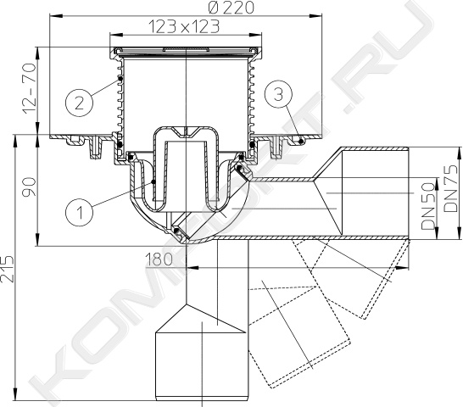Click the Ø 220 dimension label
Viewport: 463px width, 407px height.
click(231, 7)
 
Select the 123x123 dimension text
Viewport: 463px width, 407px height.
click(184, 26)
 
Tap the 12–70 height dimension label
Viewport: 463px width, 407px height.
click(29, 88)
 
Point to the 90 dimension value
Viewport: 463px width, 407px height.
click(29, 187)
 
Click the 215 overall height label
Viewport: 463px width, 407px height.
click(7, 269)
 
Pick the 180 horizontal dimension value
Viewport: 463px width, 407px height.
click(159, 259)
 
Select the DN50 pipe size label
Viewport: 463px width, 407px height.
click(428, 205)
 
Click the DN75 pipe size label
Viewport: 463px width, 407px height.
click(451, 189)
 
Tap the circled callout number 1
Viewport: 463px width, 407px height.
click(79, 212)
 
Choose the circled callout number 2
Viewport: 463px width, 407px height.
click(79, 103)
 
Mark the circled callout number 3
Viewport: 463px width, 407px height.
click(278, 95)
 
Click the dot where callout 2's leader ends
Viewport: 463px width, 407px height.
click(120, 78)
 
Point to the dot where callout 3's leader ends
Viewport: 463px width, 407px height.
click(300, 141)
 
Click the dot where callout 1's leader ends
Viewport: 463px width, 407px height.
click(153, 182)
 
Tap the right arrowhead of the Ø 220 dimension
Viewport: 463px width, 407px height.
click(316, 14)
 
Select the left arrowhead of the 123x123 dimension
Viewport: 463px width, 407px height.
click(114, 35)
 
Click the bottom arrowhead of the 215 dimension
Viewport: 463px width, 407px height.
click(14, 395)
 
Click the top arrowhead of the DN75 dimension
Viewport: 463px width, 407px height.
click(459, 153)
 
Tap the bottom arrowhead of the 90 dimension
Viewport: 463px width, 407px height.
click(37, 240)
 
